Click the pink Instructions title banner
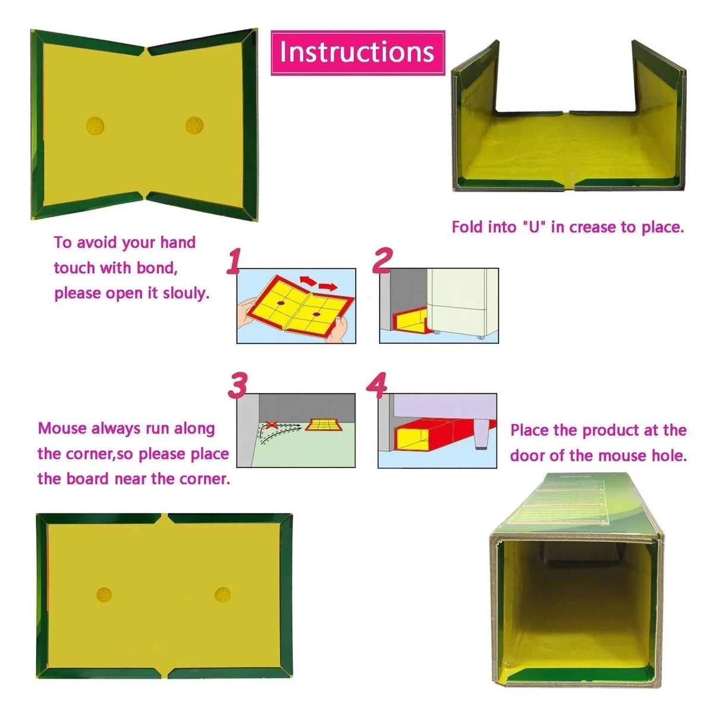tap(357, 52)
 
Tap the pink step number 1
tap(234, 261)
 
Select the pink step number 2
tap(382, 260)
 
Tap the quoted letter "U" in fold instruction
tap(533, 227)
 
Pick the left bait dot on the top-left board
tap(95, 125)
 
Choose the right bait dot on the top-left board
tap(194, 125)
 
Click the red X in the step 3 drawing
tap(271, 425)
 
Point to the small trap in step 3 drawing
tap(323, 425)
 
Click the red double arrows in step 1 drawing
tap(318, 282)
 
